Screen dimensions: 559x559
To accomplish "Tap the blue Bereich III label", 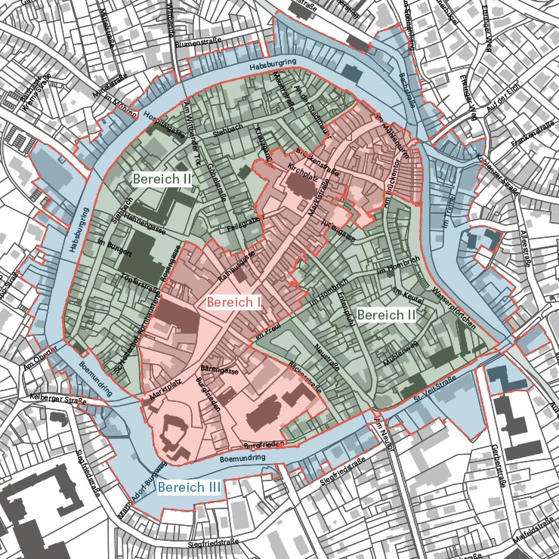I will coord(190,487).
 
